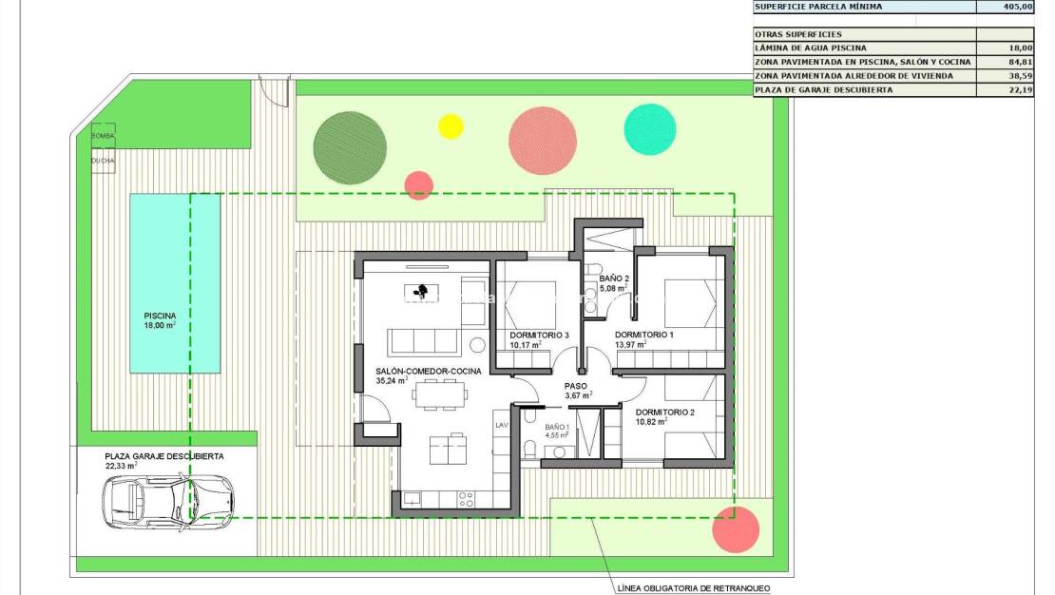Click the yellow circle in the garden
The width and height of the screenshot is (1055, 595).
click(x=451, y=126)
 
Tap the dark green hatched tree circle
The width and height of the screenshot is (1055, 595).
click(x=350, y=147)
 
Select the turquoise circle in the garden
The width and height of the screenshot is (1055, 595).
click(x=650, y=129)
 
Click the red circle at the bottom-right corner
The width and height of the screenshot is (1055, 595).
click(x=736, y=529)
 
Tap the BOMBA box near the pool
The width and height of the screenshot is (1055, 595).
click(x=103, y=136)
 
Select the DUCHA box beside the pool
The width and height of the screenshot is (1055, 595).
click(x=103, y=161)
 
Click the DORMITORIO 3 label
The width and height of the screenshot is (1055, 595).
click(x=539, y=335)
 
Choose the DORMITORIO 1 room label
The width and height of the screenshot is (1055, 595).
click(x=643, y=335)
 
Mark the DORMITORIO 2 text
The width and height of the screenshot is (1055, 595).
click(x=665, y=412)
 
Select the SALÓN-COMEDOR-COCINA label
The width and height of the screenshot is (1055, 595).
click(x=428, y=371)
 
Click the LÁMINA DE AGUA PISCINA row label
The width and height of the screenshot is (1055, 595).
click(x=810, y=48)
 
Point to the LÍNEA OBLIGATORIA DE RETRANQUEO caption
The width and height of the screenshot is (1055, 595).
click(x=693, y=588)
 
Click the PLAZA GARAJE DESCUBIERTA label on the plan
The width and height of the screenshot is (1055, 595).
click(x=164, y=456)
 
